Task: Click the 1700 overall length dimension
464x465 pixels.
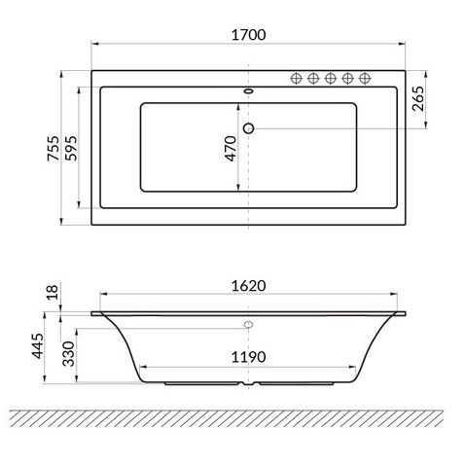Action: pyautogui.click(x=248, y=35)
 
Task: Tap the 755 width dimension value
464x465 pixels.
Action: pyautogui.click(x=54, y=148)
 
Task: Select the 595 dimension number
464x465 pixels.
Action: pyautogui.click(x=71, y=148)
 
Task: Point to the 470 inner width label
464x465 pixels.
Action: pyautogui.click(x=231, y=149)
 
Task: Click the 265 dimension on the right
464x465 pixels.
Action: pyautogui.click(x=418, y=98)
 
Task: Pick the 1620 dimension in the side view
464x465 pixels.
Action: pyautogui.click(x=248, y=286)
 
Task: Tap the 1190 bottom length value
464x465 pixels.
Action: pyautogui.click(x=248, y=357)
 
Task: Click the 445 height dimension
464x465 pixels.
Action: pyautogui.click(x=37, y=346)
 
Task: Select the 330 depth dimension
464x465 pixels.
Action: pyautogui.click(x=68, y=353)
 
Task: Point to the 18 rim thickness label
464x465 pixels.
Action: pyautogui.click(x=53, y=292)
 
